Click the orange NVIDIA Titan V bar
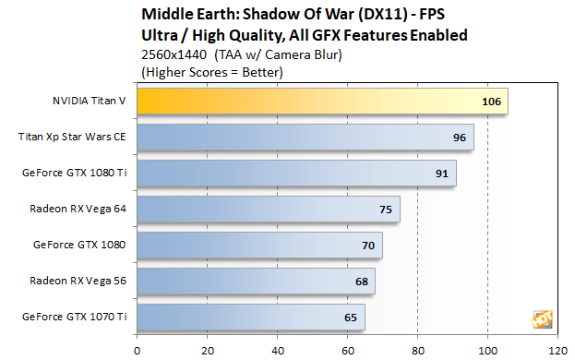pyautogui.click(x=323, y=102)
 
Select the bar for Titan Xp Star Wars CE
pyautogui.click(x=305, y=138)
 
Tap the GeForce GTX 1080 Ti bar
pyautogui.click(x=297, y=173)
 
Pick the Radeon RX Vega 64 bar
pyautogui.click(x=269, y=209)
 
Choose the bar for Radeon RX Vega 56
pyautogui.click(x=257, y=281)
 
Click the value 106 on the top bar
pyautogui.click(x=491, y=102)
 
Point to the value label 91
pyautogui.click(x=442, y=174)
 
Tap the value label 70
pyautogui.click(x=368, y=246)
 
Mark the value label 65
pyautogui.click(x=351, y=318)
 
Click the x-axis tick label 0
pyautogui.click(x=138, y=351)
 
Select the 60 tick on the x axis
pyautogui.click(x=348, y=351)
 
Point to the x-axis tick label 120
pyautogui.click(x=557, y=351)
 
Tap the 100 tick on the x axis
pyautogui.click(x=487, y=351)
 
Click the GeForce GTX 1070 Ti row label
pyautogui.click(x=75, y=317)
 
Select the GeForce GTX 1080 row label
pyautogui.click(x=79, y=245)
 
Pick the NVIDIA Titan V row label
pyautogui.click(x=90, y=101)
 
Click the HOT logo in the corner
pyautogui.click(x=542, y=319)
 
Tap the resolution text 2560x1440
pyautogui.click(x=174, y=54)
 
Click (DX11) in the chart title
pyautogui.click(x=383, y=14)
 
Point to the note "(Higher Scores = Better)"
pyautogui.click(x=212, y=72)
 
